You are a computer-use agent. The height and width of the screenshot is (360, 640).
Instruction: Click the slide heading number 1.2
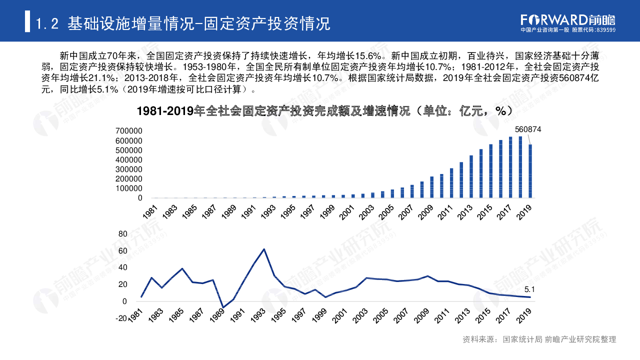pyautogui.click(x=48, y=23)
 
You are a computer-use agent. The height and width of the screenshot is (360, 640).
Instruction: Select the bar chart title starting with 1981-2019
pyautogui.click(x=324, y=111)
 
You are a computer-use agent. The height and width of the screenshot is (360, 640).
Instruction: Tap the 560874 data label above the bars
pyautogui.click(x=528, y=129)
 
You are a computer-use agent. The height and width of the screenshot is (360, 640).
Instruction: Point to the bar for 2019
pyautogui.click(x=530, y=171)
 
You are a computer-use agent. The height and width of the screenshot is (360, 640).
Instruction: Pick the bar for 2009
pyautogui.click(x=432, y=187)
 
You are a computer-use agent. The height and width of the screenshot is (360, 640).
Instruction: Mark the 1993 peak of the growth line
pyautogui.click(x=264, y=249)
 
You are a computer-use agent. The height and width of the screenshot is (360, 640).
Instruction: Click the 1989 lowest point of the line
pyautogui.click(x=223, y=307)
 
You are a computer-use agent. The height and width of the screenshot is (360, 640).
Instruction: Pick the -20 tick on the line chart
pyautogui.click(x=121, y=318)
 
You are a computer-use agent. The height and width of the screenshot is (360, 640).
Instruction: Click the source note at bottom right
pyautogui.click(x=539, y=339)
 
